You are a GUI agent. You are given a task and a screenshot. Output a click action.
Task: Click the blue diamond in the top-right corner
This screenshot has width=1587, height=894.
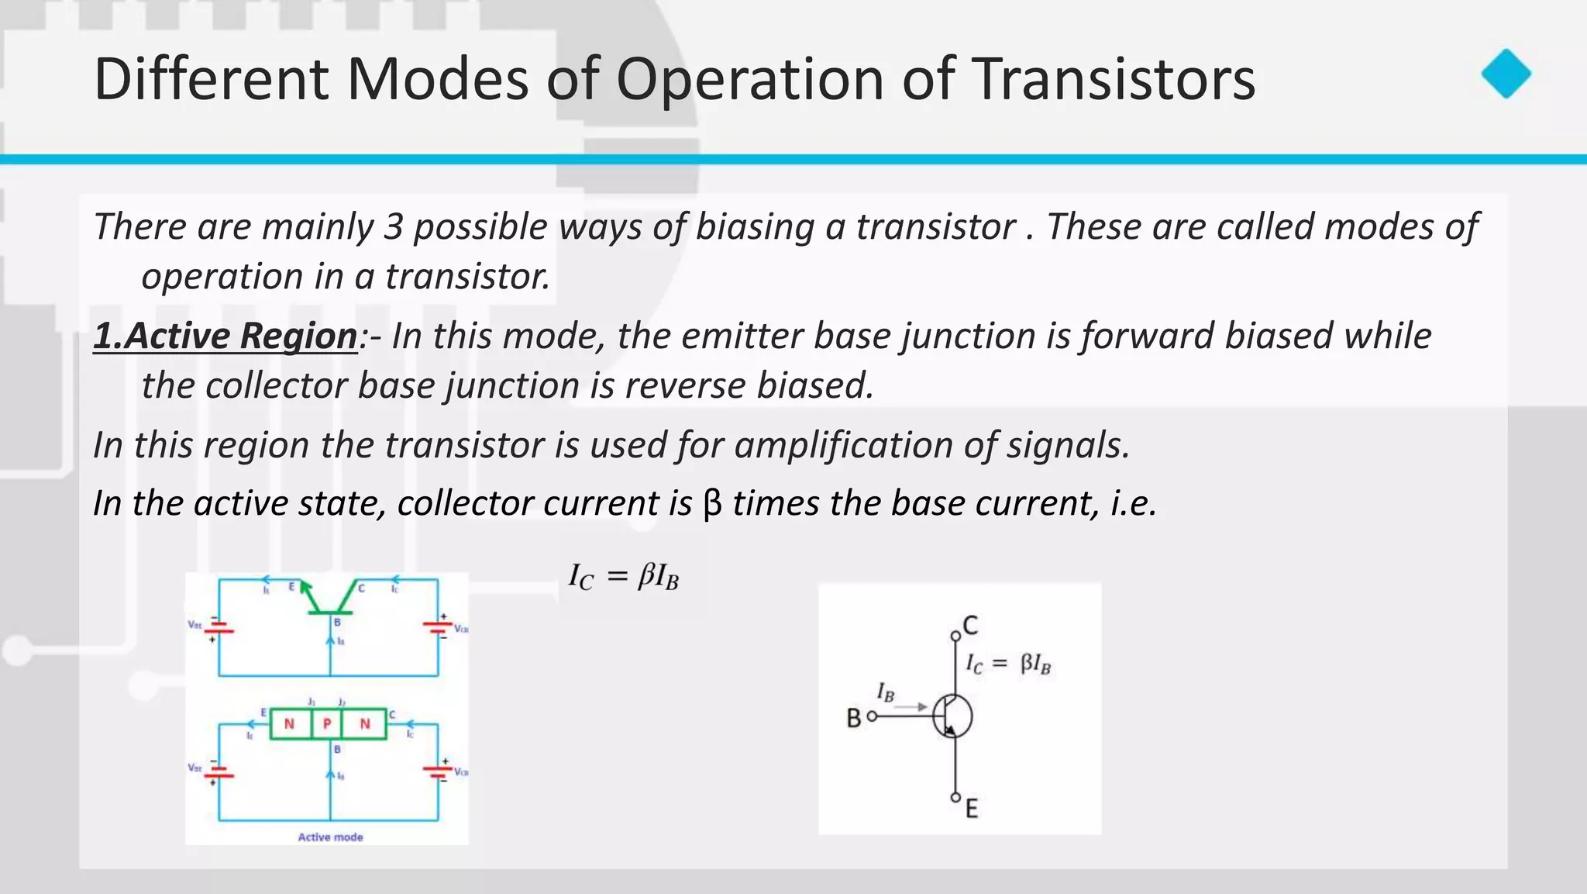click(1506, 74)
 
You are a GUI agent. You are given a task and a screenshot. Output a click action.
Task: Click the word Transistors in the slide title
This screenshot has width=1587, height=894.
click(1113, 79)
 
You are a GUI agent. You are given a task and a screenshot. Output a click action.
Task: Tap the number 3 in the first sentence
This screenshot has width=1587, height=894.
click(394, 227)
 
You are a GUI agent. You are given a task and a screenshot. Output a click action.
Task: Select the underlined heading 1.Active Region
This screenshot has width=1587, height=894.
click(225, 337)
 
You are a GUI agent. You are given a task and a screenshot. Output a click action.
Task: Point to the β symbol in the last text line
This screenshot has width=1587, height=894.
click(711, 504)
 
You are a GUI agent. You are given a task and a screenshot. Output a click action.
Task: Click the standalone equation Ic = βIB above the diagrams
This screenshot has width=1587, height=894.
click(623, 577)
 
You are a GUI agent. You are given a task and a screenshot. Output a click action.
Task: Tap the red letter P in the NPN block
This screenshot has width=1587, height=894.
click(327, 724)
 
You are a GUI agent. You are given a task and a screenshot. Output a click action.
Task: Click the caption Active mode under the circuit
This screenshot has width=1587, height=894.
click(330, 837)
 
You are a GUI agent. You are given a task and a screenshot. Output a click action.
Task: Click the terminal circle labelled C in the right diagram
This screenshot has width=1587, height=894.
click(955, 636)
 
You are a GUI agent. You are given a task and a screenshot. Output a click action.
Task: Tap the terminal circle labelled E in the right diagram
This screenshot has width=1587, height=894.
click(955, 797)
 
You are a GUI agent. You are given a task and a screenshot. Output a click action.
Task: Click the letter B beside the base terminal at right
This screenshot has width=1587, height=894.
click(854, 719)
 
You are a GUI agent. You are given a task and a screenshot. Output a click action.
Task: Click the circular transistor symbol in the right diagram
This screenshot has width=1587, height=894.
click(952, 716)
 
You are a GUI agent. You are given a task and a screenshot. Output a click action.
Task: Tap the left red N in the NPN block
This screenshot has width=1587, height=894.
click(289, 724)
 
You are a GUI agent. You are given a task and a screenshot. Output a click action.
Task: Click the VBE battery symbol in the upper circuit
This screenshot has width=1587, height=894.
click(219, 627)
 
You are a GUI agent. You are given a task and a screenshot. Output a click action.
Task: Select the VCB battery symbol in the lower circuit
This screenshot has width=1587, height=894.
click(438, 771)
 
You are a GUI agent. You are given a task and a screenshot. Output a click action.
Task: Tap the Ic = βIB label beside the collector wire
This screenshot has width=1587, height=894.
click(1007, 664)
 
